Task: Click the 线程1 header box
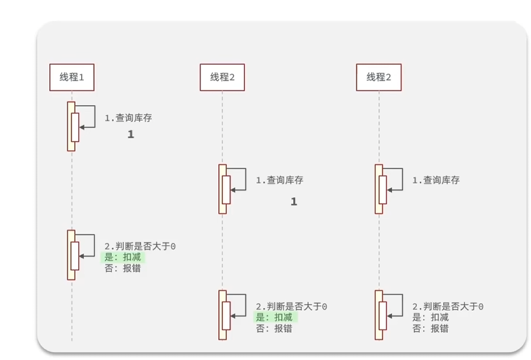pyautogui.click(x=72, y=77)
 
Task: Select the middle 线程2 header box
pyautogui.click(x=222, y=77)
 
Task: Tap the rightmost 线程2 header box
pyautogui.click(x=379, y=77)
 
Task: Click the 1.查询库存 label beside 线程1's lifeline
pyautogui.click(x=128, y=118)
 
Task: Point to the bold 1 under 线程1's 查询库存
pyautogui.click(x=131, y=135)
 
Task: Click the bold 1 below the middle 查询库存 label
pyautogui.click(x=294, y=202)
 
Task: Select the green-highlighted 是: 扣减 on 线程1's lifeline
pyautogui.click(x=123, y=258)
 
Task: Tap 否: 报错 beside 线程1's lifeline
pyautogui.click(x=123, y=269)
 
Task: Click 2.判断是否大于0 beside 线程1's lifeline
pyautogui.click(x=140, y=246)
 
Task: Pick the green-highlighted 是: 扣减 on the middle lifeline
pyautogui.click(x=274, y=318)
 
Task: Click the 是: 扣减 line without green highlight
pyautogui.click(x=430, y=318)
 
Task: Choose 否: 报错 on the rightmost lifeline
pyautogui.click(x=430, y=329)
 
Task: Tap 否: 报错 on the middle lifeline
pyautogui.click(x=274, y=329)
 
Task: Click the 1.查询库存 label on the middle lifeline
pyautogui.click(x=279, y=181)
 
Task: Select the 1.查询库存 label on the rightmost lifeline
pyautogui.click(x=436, y=181)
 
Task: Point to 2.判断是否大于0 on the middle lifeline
pyautogui.click(x=291, y=307)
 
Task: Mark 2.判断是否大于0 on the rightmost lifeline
pyautogui.click(x=448, y=307)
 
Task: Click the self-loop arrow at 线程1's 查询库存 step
pyautogui.click(x=89, y=116)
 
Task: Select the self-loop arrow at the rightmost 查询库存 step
pyautogui.click(x=396, y=179)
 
